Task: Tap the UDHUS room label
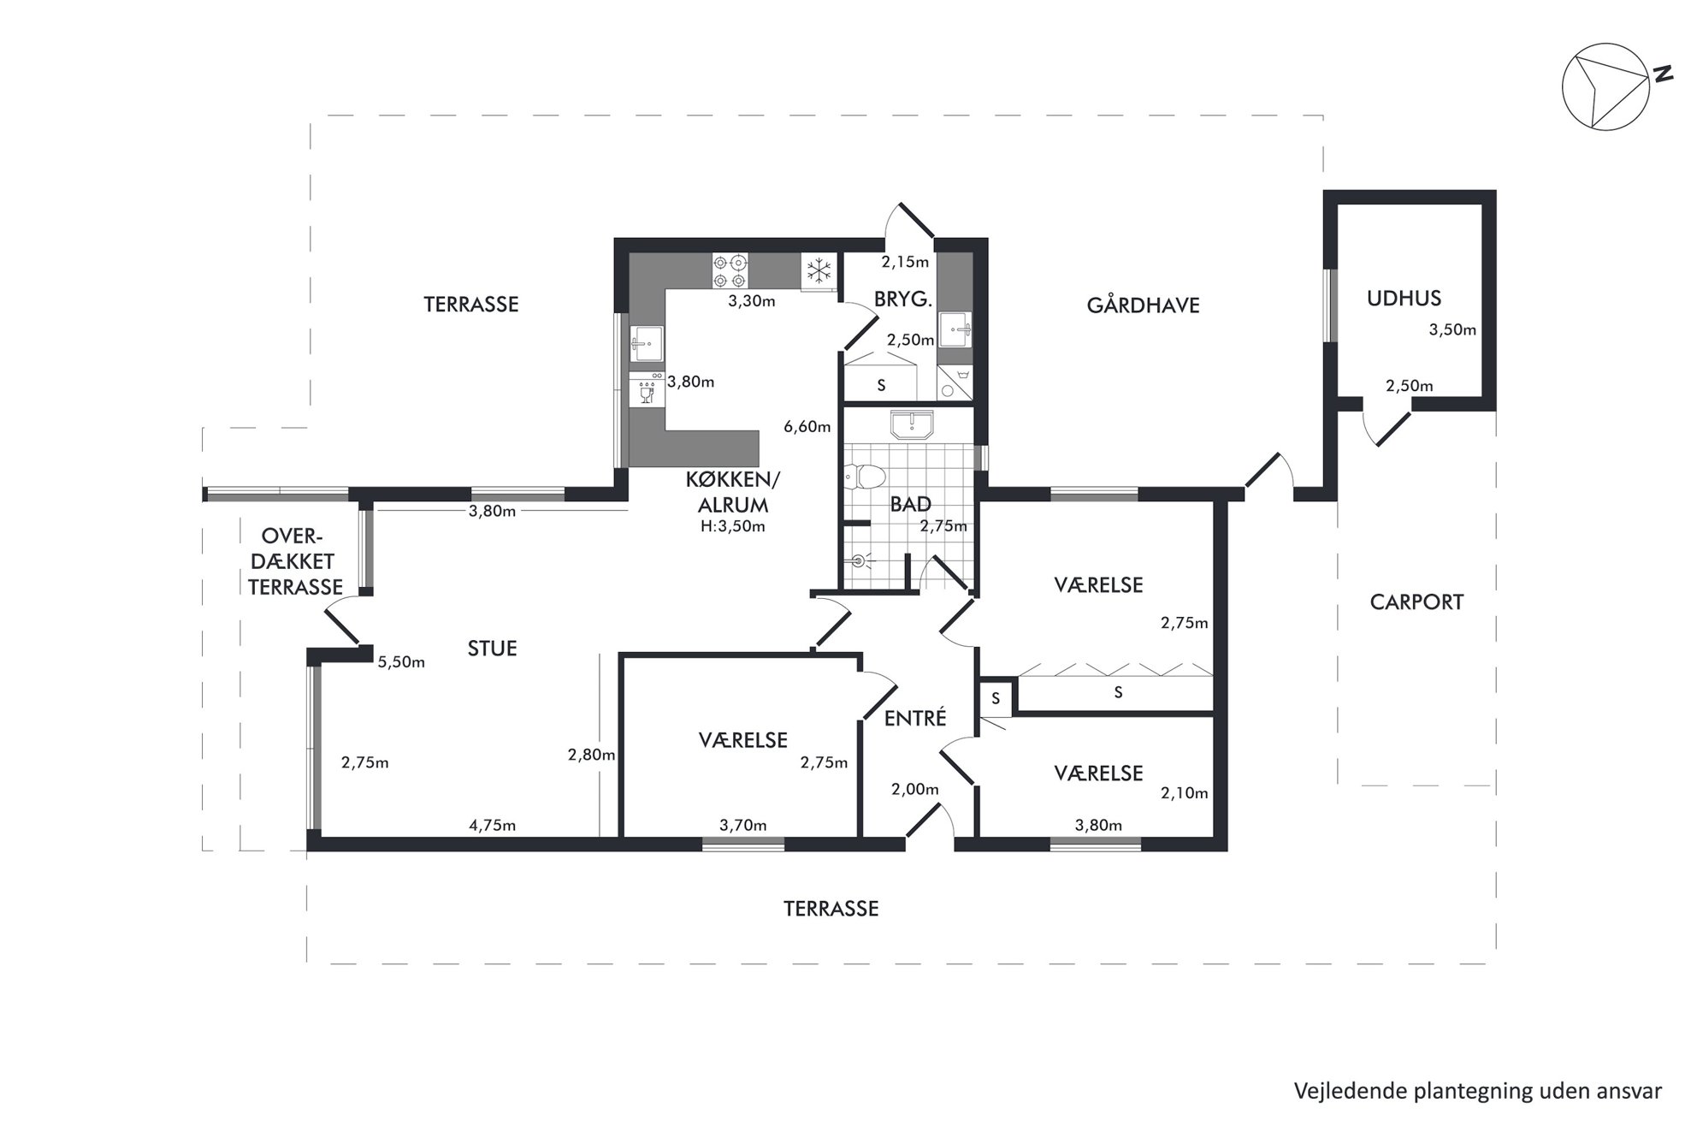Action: [x=1404, y=299]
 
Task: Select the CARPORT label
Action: [x=1416, y=602]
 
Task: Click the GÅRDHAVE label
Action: [x=1143, y=305]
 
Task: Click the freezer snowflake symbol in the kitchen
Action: [x=819, y=271]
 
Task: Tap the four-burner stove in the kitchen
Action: [x=730, y=271]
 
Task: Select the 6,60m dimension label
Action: [x=807, y=427]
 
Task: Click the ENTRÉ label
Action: [x=915, y=718]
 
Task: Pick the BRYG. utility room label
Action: [x=902, y=299]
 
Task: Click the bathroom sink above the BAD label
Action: [x=913, y=425]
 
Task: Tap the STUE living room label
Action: [x=492, y=649]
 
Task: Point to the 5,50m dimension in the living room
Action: [x=401, y=662]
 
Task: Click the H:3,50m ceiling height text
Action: [x=732, y=527]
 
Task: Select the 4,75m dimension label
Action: [x=492, y=826]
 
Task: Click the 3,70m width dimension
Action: [x=742, y=826]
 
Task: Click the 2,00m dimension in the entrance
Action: [x=914, y=790]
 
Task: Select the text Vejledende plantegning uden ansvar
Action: [x=1478, y=1091]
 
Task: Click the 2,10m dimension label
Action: [x=1185, y=793]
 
